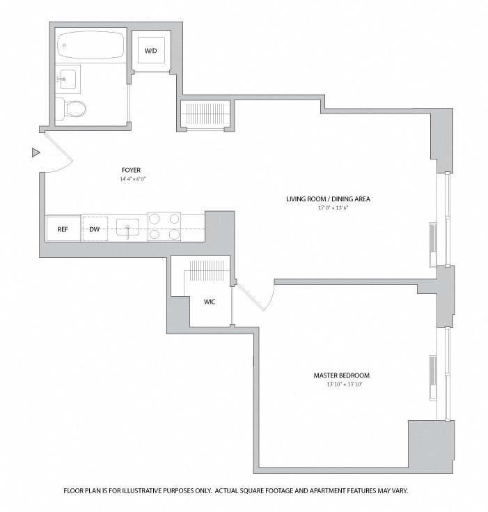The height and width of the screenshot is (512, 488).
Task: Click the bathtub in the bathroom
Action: coord(90,46)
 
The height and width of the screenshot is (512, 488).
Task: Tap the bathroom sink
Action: coord(69,79)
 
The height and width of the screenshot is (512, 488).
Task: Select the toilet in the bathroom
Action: coord(74,108)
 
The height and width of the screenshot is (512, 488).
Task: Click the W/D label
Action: coord(150,52)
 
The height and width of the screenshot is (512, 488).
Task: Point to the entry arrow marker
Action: coord(36,152)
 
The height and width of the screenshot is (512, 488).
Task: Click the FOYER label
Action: coord(130,170)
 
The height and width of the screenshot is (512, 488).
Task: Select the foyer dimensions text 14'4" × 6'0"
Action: coord(132,179)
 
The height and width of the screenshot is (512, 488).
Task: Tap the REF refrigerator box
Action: coord(63,228)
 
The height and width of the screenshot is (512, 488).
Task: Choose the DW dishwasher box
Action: coord(94,228)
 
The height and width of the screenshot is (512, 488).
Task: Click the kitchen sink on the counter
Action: coord(127,227)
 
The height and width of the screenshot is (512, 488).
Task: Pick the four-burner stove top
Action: coord(164,226)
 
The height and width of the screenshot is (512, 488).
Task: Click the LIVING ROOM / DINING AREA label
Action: coord(328,199)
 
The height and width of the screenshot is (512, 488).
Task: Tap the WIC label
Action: coord(209,302)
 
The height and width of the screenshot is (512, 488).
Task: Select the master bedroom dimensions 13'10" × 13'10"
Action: coord(341,384)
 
